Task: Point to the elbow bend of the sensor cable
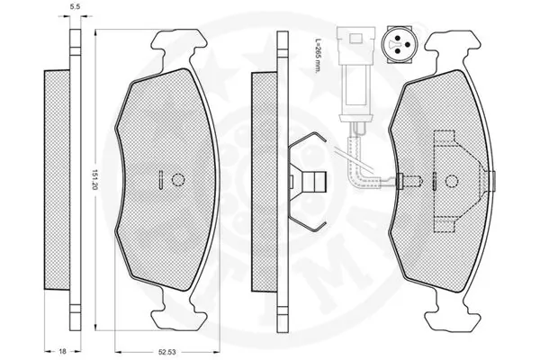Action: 362,170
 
